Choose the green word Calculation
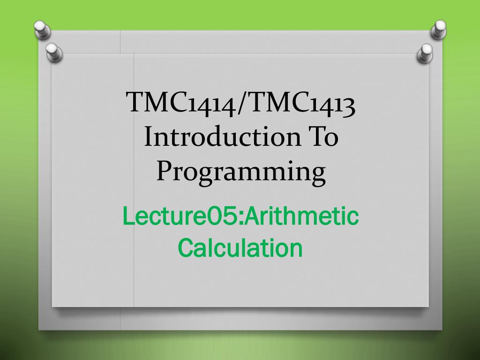tap(240, 247)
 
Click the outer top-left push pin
tap(42, 29)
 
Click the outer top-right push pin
tap(439, 29)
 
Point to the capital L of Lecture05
tap(128, 216)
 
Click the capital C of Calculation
tap(187, 247)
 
